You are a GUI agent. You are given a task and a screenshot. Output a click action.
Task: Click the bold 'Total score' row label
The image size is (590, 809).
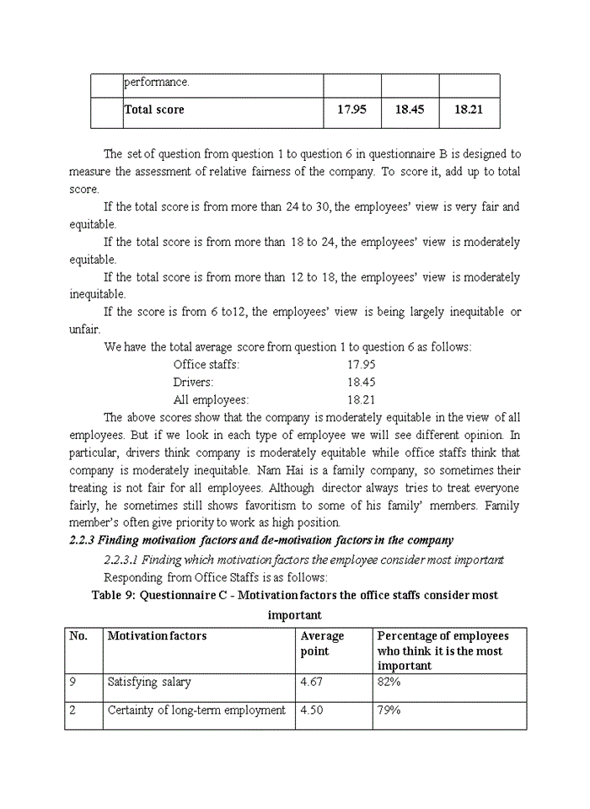[x=153, y=110]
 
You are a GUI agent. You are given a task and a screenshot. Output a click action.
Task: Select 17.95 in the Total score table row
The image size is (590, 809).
[x=351, y=110]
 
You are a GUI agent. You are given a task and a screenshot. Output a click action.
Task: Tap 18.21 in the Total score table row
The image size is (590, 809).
[x=468, y=110]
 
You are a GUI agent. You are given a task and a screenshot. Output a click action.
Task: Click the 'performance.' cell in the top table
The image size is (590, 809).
[x=157, y=83]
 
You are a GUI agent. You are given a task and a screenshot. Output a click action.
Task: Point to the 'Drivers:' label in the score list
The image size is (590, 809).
[x=193, y=382]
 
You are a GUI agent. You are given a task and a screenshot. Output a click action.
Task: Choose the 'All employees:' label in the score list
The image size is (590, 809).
[x=211, y=399]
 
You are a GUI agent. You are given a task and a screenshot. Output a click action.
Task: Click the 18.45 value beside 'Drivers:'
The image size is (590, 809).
[x=361, y=382]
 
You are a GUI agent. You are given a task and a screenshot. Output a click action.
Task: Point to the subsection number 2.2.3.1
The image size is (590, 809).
[x=121, y=559]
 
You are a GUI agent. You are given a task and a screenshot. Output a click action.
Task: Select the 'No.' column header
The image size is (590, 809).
[x=78, y=636]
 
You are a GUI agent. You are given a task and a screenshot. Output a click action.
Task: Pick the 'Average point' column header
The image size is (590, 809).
[x=322, y=644]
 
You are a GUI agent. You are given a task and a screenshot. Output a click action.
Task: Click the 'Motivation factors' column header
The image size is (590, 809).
[x=157, y=636]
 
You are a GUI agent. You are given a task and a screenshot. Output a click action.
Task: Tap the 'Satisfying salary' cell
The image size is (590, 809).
[x=149, y=682]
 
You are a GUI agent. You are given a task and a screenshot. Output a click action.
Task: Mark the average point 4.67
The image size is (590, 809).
[x=314, y=682]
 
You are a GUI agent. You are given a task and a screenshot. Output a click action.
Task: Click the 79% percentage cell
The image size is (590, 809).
[x=389, y=710]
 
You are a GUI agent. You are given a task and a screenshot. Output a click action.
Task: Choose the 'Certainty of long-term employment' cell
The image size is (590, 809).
[x=196, y=710]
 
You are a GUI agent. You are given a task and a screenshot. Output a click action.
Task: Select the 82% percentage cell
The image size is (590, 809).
[x=389, y=682]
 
